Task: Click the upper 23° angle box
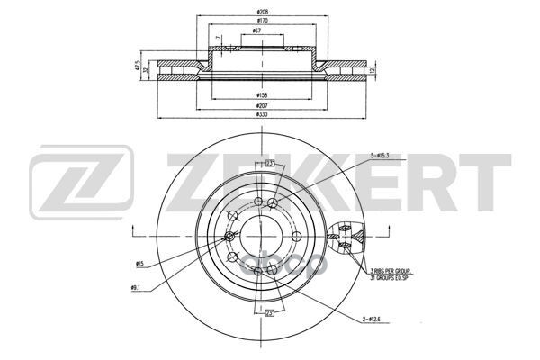268,163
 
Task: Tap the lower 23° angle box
268,312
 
